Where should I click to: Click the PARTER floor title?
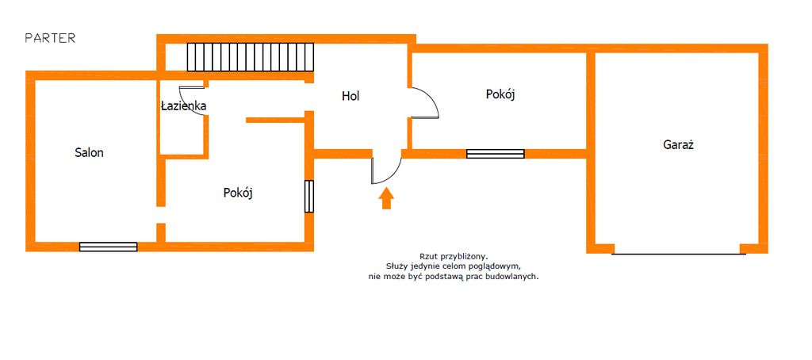[x=50, y=38]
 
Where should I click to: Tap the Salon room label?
[x=89, y=153]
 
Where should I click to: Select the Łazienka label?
[x=183, y=105]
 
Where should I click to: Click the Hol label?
[x=350, y=97]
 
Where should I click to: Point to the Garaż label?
[x=678, y=145]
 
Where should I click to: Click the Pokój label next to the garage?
[x=500, y=94]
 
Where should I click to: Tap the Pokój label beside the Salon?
[x=238, y=193]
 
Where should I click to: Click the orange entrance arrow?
[x=386, y=198]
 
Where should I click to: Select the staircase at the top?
[x=251, y=57]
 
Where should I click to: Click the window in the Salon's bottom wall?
[x=108, y=247]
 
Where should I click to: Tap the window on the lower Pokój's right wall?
[x=309, y=196]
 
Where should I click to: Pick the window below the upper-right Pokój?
[x=495, y=154]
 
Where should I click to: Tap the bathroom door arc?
[x=193, y=99]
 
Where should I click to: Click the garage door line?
[x=678, y=254]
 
